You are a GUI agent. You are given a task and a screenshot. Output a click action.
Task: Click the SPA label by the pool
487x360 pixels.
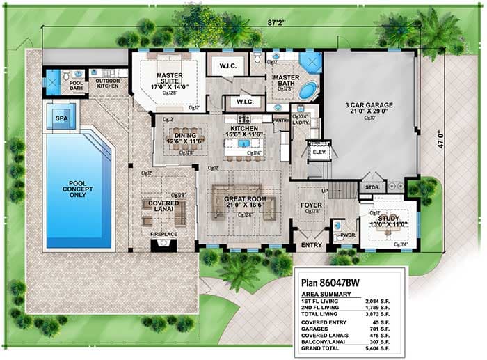61,119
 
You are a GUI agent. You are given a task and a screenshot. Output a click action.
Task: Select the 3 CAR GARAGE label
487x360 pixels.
369,105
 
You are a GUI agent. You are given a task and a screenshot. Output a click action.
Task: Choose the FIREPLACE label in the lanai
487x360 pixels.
164,234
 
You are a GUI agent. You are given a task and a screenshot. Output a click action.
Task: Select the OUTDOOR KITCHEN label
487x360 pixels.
108,83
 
